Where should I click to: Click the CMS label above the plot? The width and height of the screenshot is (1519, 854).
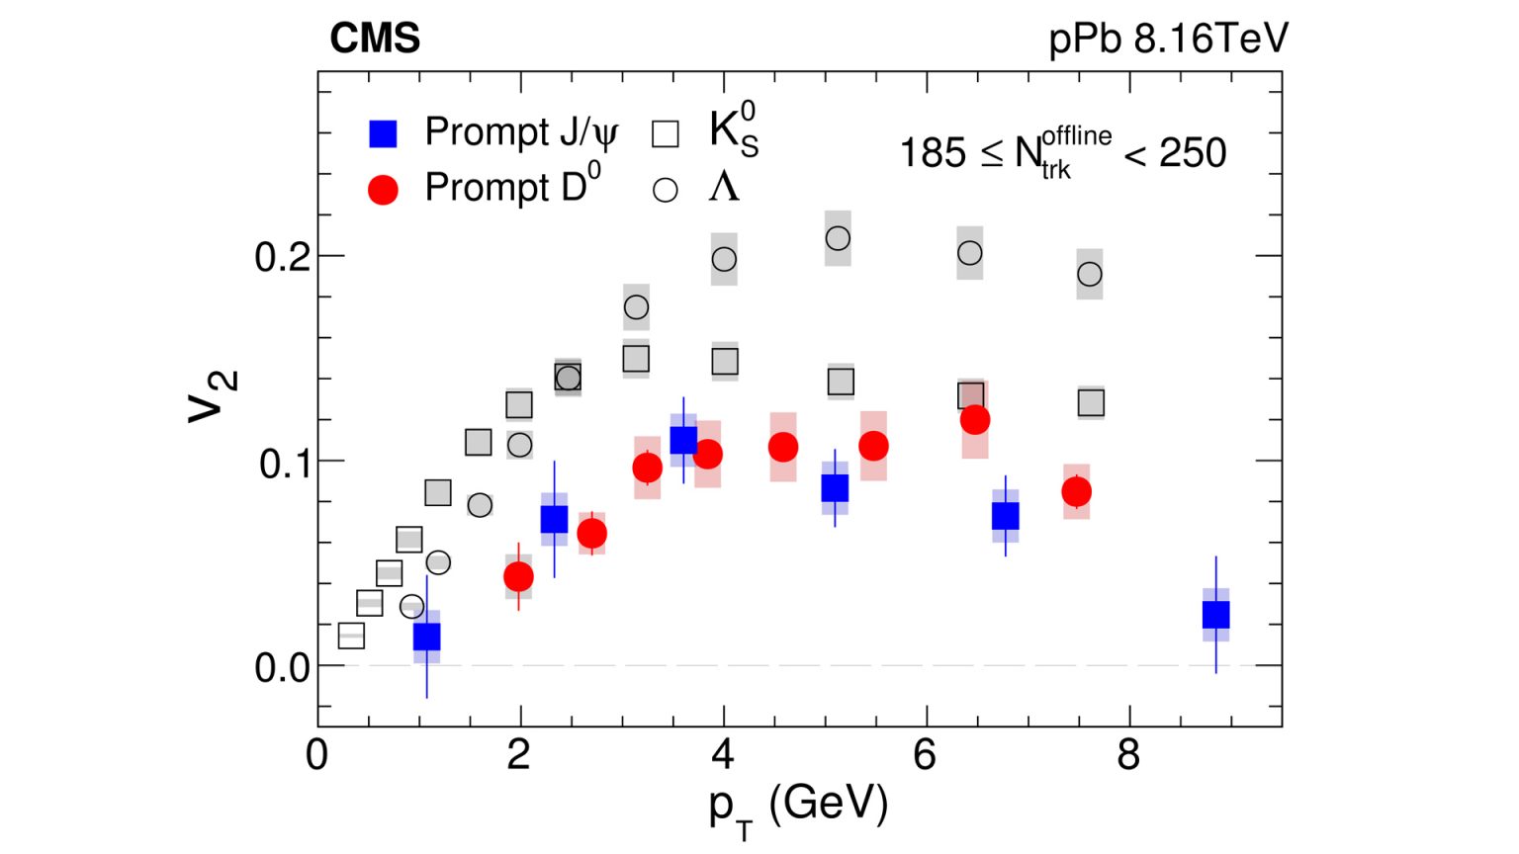click(375, 39)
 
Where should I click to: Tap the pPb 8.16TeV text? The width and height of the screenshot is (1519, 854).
click(1168, 39)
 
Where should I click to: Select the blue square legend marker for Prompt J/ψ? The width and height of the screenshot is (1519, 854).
click(383, 133)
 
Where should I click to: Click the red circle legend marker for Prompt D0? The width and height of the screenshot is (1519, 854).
click(383, 190)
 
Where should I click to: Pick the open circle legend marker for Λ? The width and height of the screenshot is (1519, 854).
click(666, 190)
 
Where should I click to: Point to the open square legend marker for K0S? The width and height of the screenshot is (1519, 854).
click(666, 133)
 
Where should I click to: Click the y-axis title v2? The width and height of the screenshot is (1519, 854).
click(213, 395)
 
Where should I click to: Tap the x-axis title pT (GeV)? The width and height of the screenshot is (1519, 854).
click(797, 806)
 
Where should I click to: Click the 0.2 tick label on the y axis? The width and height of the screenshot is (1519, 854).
click(282, 257)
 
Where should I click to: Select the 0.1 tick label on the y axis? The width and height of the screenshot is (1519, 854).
click(284, 463)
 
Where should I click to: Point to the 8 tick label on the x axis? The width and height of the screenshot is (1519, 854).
click(1128, 755)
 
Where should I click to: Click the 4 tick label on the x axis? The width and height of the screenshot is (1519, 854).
click(723, 755)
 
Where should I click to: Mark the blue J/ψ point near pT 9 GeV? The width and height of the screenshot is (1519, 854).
click(1215, 615)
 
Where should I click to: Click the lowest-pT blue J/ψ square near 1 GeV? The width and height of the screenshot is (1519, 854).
click(426, 637)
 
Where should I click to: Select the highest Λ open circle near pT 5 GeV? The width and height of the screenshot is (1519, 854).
click(838, 238)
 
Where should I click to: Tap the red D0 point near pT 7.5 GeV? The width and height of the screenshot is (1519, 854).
click(1077, 491)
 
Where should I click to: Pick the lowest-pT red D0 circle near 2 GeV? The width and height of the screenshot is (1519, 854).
click(518, 576)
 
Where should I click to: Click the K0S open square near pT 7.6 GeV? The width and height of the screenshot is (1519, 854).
click(1091, 402)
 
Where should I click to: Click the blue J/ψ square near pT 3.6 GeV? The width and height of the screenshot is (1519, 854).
click(683, 440)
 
